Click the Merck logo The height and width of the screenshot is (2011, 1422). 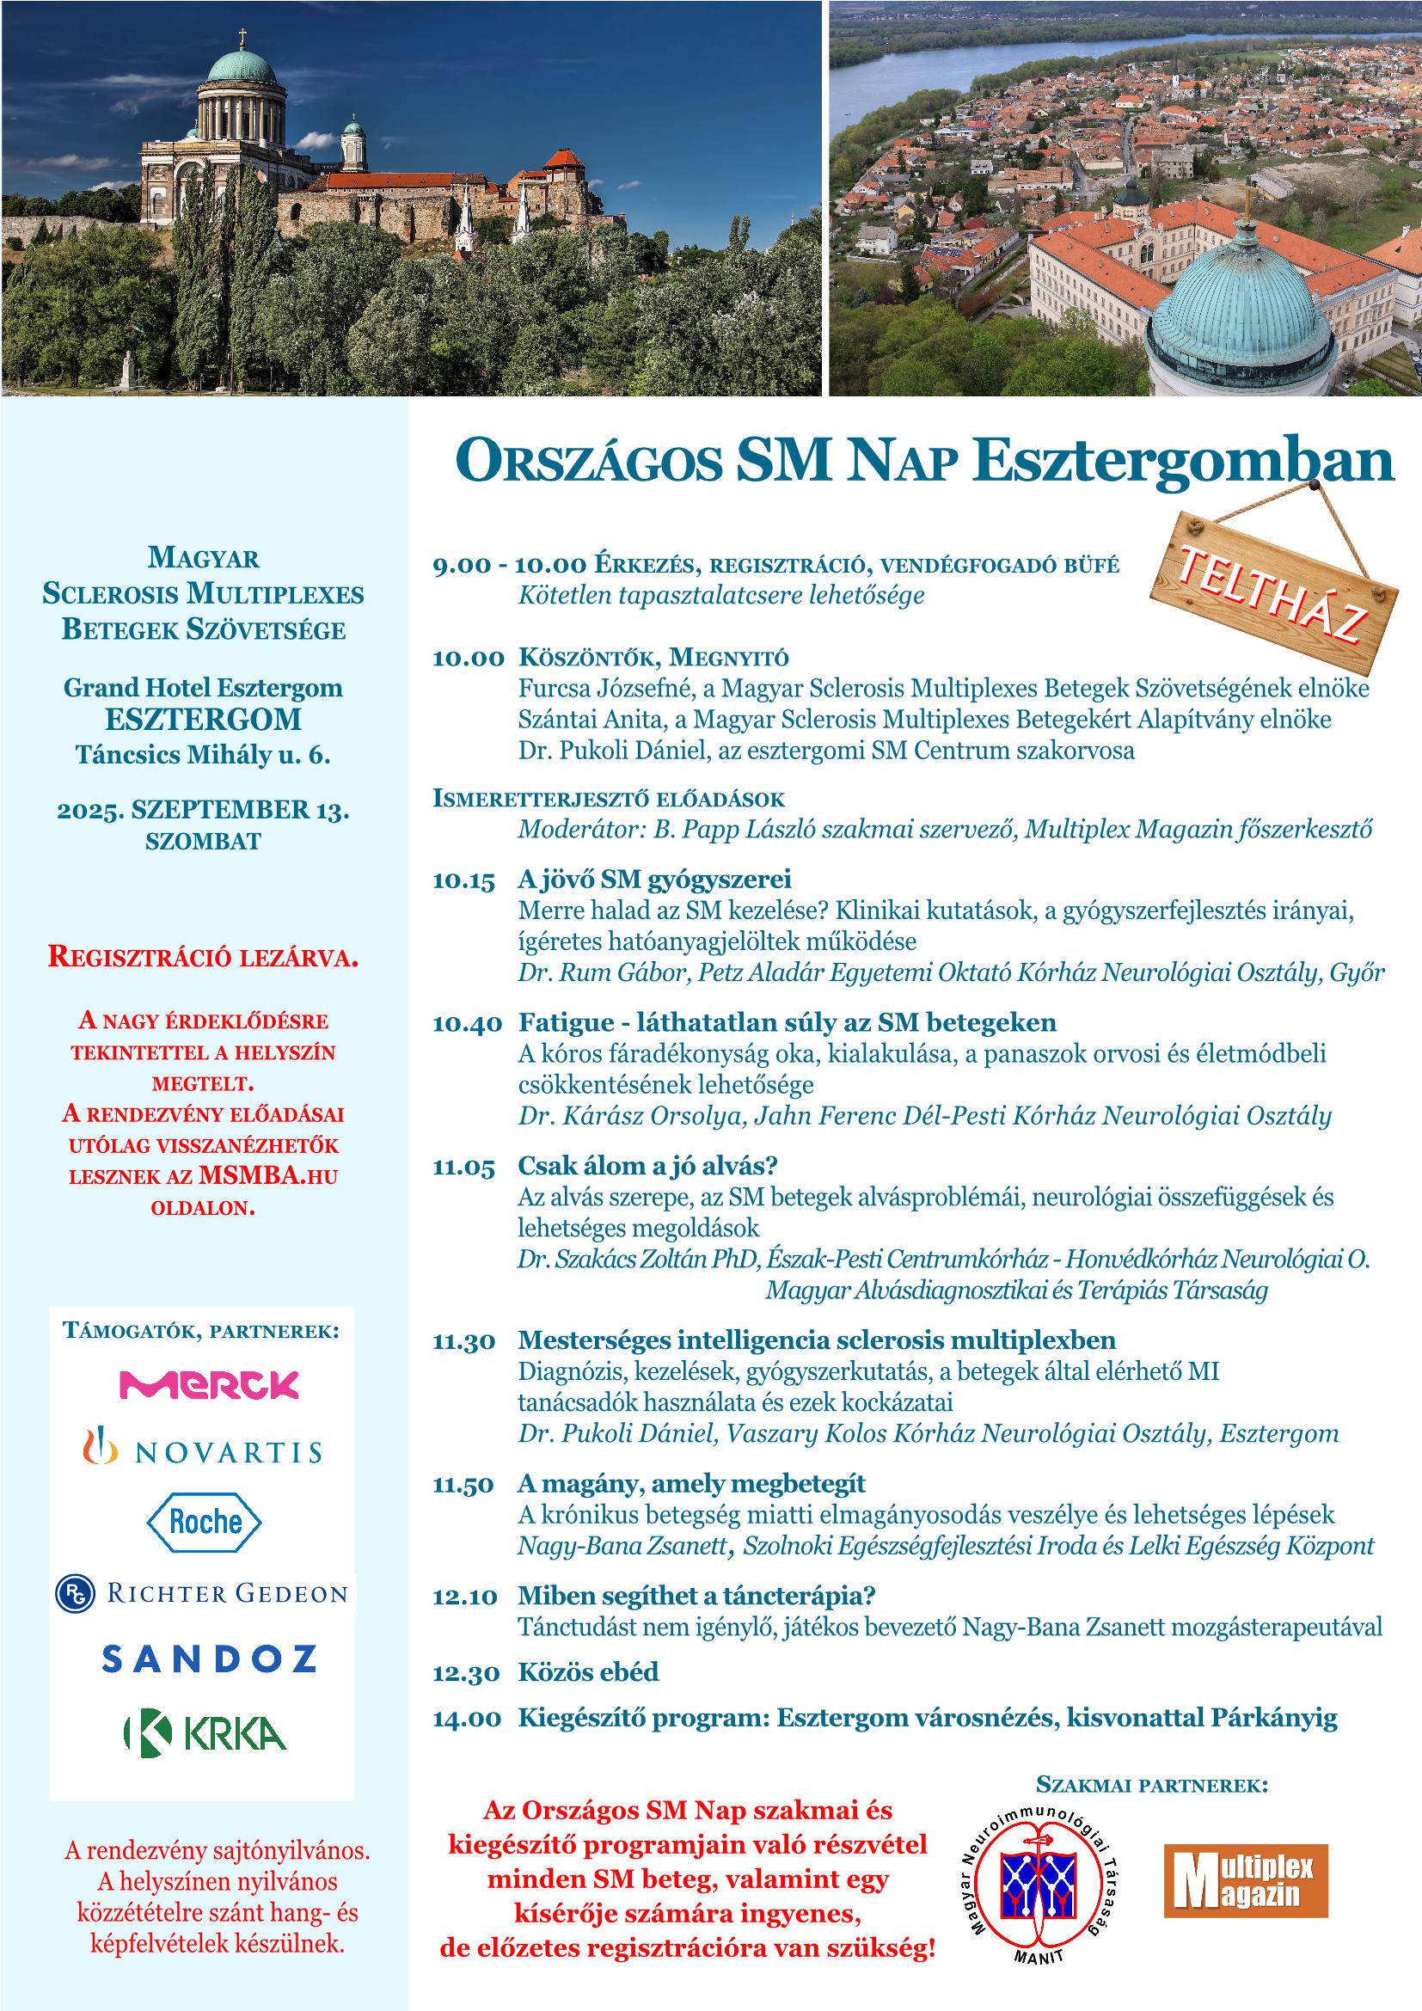[x=208, y=1384]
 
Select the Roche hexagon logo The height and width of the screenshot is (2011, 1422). [x=203, y=1522]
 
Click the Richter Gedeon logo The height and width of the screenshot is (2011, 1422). [x=201, y=1593]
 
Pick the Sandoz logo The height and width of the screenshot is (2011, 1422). [x=208, y=1658]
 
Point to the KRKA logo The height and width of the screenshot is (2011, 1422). [x=205, y=1732]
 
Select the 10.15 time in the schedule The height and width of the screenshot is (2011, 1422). [x=463, y=880]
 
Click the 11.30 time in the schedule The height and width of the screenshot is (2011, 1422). [x=464, y=1341]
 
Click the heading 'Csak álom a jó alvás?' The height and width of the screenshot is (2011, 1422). [x=648, y=1166]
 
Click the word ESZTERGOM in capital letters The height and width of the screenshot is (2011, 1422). [x=203, y=720]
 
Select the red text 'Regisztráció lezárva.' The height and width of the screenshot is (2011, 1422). [x=203, y=956]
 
